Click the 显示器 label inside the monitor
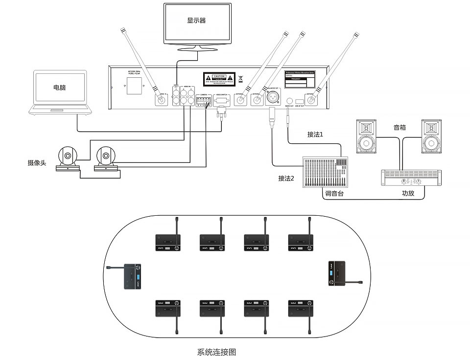[x=196, y=21]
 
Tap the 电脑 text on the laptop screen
[x=60, y=89]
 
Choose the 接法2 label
[x=286, y=179]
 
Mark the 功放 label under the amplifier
[x=408, y=194]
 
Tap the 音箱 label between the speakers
[x=400, y=128]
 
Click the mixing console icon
[x=326, y=172]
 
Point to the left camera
[x=68, y=159]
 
